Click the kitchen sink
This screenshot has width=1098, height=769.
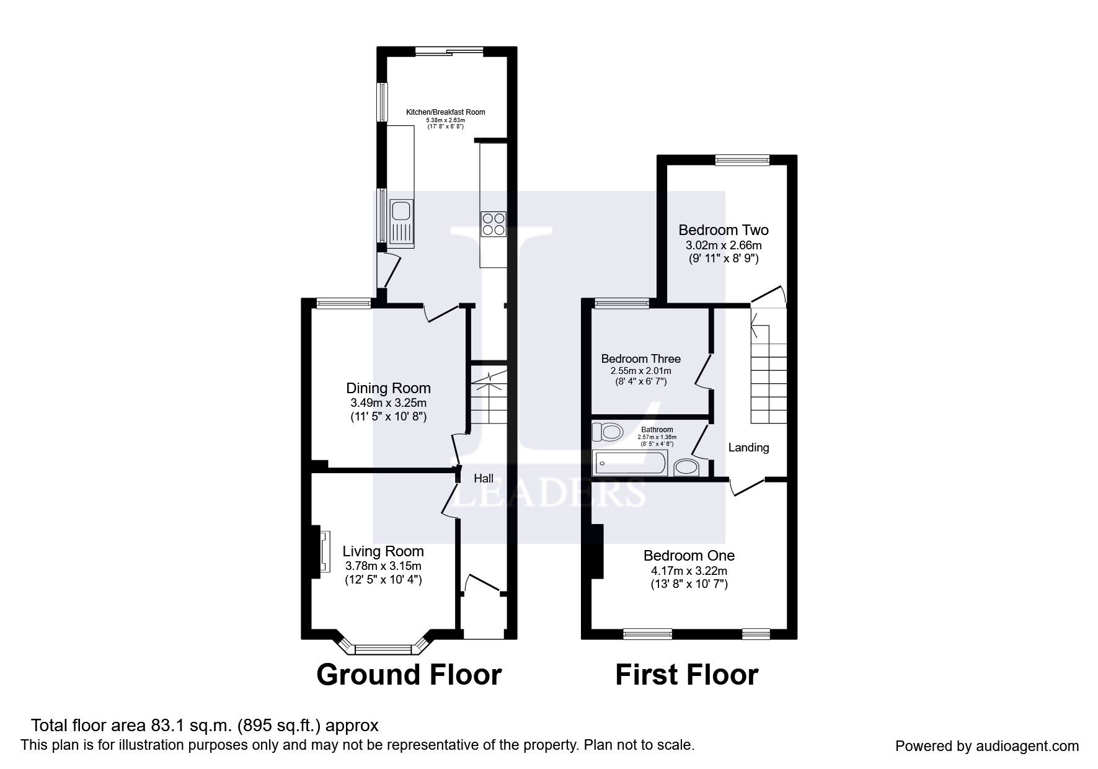tap(402, 222)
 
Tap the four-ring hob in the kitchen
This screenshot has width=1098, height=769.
tap(493, 224)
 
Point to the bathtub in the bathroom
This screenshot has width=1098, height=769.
tap(629, 463)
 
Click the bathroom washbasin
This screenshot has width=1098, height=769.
tap(686, 467)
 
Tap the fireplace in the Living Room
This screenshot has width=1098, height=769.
tap(324, 551)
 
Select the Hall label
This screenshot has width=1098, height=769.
tap(484, 478)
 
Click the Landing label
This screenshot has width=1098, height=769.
tap(748, 448)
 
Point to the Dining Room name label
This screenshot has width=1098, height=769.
tap(388, 388)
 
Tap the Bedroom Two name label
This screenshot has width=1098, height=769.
tap(724, 230)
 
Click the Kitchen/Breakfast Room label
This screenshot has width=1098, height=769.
tap(445, 112)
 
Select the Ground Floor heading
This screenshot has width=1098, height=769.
tap(409, 675)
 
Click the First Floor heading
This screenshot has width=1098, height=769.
tap(687, 675)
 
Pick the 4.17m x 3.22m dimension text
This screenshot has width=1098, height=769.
tap(689, 571)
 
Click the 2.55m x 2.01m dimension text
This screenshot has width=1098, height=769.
tap(641, 371)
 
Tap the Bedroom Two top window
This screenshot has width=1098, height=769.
tap(742, 160)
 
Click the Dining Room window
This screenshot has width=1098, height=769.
tap(343, 303)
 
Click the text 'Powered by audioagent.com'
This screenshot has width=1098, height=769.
tap(987, 746)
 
